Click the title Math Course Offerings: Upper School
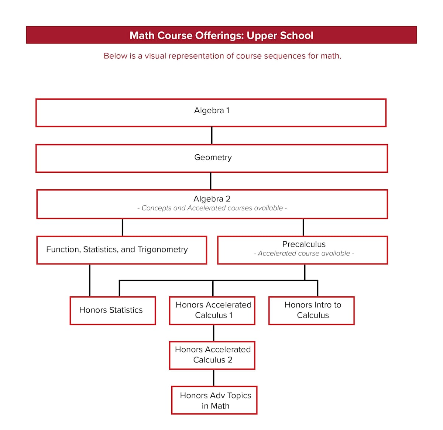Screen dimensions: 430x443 [x=221, y=35]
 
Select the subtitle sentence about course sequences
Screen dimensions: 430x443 [x=222, y=56]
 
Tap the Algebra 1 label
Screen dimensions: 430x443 [x=212, y=110]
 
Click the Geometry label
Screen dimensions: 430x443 [x=213, y=157]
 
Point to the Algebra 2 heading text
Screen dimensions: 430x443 [x=212, y=199]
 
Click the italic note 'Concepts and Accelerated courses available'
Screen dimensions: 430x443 [x=212, y=208]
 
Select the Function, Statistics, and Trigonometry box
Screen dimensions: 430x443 [x=121, y=250]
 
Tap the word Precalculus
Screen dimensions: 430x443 [x=304, y=244]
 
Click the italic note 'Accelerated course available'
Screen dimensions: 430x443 [x=304, y=254]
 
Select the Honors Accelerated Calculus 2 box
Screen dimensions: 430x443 [x=212, y=355]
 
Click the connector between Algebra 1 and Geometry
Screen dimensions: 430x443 [x=212, y=135]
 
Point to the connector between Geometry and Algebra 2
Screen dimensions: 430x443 [x=210, y=181]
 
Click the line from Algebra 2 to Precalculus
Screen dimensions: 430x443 [x=303, y=227]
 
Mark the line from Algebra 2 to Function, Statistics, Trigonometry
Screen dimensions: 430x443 [x=122, y=227]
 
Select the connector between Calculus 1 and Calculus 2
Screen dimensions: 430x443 [x=213, y=333]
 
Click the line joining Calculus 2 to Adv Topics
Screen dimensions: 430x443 [x=213, y=378]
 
